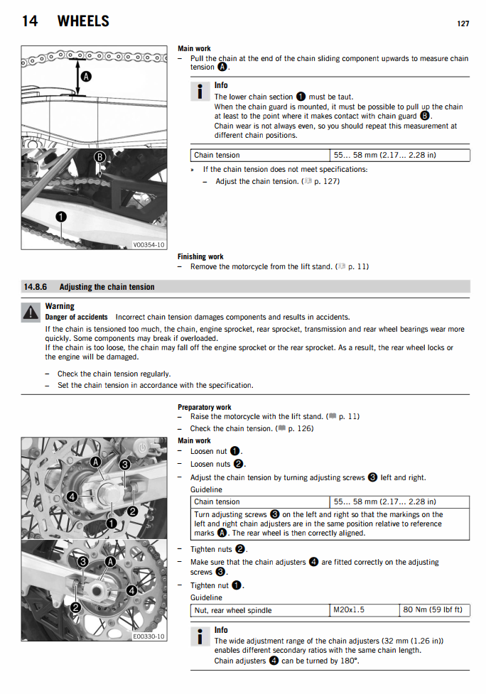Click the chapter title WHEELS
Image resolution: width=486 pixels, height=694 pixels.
83,21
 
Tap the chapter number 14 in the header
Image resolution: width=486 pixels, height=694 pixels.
30,21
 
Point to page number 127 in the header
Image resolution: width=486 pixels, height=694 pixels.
463,23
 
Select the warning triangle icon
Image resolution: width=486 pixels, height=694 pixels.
30,311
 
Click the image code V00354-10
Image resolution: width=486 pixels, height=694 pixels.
148,245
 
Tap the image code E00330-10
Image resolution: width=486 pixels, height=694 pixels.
148,636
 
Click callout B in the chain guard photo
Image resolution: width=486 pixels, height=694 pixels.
100,156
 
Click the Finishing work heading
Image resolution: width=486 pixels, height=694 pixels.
200,256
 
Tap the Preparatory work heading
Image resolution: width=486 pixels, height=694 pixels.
205,407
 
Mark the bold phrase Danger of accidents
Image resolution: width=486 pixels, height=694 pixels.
77,317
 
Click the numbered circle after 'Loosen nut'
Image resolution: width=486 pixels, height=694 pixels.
236,451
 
